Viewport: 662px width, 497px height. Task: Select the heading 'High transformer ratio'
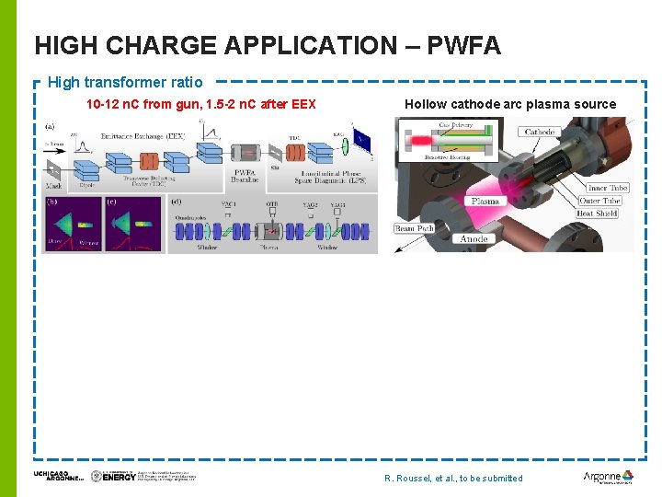[x=125, y=83]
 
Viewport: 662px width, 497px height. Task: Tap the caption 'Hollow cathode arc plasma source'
[x=510, y=104]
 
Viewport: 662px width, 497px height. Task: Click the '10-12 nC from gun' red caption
[x=200, y=104]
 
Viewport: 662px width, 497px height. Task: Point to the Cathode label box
[x=540, y=132]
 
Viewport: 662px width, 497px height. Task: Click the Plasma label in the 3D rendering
[x=485, y=201]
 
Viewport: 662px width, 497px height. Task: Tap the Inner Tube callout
[x=604, y=188]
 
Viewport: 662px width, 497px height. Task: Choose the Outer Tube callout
[x=600, y=201]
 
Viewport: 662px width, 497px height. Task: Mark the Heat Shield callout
[x=599, y=214]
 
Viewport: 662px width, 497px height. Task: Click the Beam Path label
[x=415, y=228]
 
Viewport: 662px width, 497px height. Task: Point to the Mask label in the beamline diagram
[x=52, y=185]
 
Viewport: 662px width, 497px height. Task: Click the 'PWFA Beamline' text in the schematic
[x=245, y=177]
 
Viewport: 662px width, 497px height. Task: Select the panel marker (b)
[x=51, y=202]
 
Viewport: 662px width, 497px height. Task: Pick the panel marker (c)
[x=112, y=202]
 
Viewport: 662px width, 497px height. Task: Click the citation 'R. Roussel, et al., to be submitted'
[x=453, y=478]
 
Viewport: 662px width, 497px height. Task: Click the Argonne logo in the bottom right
[x=608, y=477]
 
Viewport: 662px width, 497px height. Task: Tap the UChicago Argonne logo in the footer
[x=58, y=476]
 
